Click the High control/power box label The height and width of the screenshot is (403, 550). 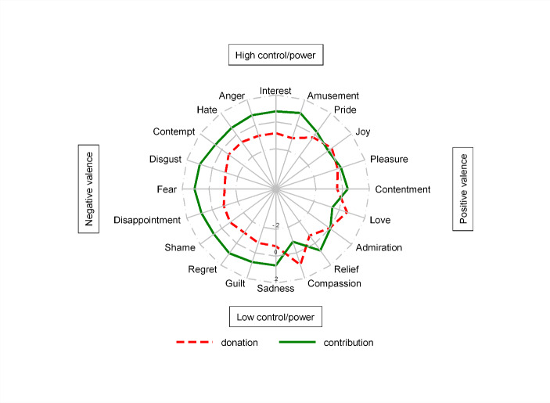tap(275, 56)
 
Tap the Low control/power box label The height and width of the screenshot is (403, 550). tap(275, 317)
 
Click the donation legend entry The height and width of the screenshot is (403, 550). tap(239, 343)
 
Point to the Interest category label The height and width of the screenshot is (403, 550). tap(275, 91)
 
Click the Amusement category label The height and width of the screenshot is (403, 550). tap(333, 95)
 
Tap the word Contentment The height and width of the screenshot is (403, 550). tap(403, 189)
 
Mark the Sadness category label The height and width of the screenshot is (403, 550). tap(275, 289)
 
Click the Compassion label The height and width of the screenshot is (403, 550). tap(334, 283)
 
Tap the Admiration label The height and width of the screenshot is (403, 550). tap(379, 248)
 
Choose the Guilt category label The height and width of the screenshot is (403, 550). tap(236, 282)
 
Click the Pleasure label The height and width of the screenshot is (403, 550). tap(389, 160)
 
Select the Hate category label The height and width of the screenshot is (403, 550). tap(207, 110)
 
